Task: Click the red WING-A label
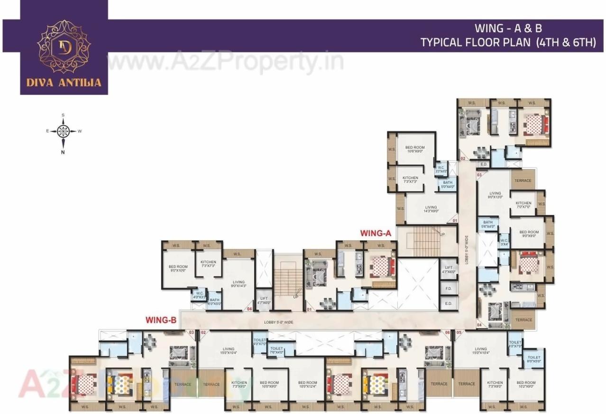(x=375, y=233)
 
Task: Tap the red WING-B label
(x=161, y=320)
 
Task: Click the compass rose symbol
(x=63, y=131)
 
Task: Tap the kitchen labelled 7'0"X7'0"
(x=523, y=205)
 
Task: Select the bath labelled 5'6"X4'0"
(x=487, y=225)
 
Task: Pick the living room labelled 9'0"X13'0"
(x=495, y=195)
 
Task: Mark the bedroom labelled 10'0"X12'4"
(x=307, y=385)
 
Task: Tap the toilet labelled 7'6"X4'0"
(x=276, y=350)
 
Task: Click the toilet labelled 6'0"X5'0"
(x=534, y=359)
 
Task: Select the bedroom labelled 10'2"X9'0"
(x=526, y=385)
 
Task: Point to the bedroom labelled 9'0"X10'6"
(x=178, y=269)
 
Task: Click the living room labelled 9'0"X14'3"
(x=238, y=271)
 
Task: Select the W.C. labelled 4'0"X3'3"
(x=198, y=295)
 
